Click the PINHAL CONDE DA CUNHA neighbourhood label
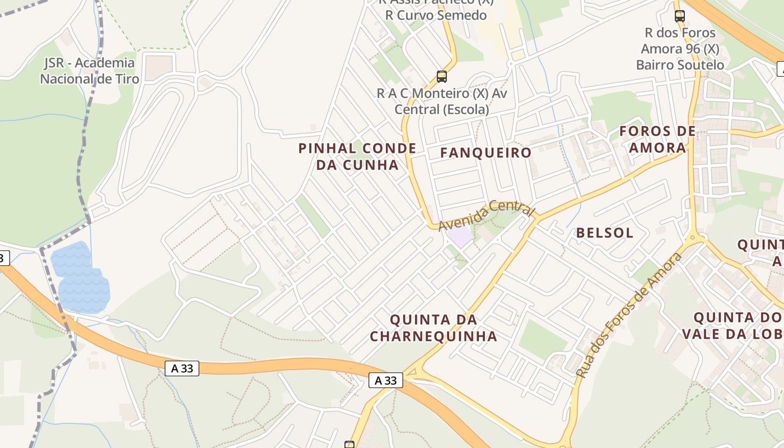click(357, 156)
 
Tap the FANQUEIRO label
click(486, 152)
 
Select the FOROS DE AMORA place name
click(657, 139)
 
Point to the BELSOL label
click(605, 232)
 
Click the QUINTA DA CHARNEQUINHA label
click(433, 328)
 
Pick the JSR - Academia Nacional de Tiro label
click(90, 71)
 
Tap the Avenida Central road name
click(486, 216)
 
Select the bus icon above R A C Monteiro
click(442, 77)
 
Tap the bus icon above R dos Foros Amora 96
click(680, 16)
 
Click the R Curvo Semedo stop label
click(436, 15)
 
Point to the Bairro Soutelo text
click(680, 64)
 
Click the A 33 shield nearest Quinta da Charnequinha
click(386, 381)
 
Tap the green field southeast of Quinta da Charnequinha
click(542, 339)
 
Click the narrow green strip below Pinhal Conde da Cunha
click(312, 216)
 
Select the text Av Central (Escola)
click(441, 109)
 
